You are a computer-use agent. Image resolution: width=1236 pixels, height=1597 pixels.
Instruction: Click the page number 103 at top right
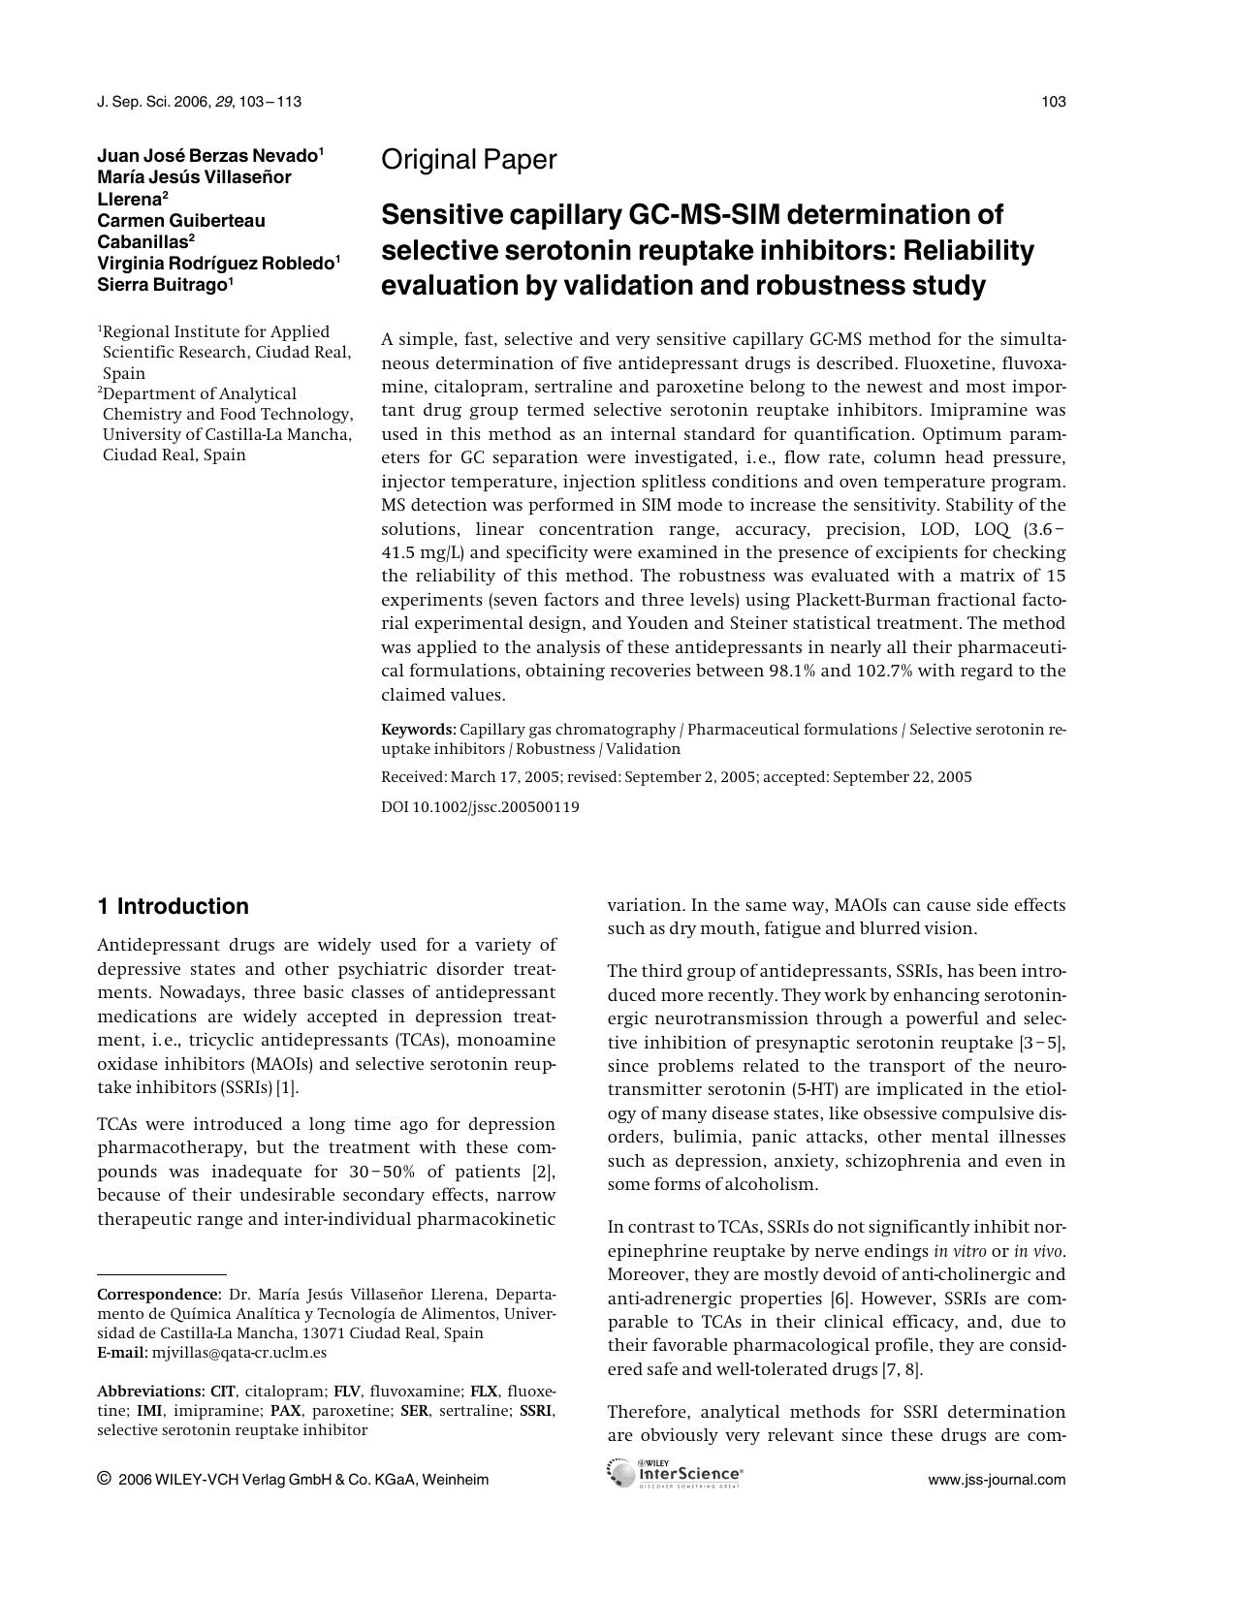(x=1054, y=102)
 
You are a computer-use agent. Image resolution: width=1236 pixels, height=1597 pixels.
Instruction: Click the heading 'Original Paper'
(x=469, y=160)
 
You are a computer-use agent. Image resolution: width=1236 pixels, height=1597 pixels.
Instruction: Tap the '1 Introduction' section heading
(x=173, y=906)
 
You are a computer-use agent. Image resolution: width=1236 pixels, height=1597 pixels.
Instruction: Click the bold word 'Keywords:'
(x=418, y=730)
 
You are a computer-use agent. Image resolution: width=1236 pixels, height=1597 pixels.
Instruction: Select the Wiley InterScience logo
(x=675, y=1474)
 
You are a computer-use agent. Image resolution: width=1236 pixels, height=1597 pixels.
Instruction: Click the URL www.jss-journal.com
(x=997, y=1480)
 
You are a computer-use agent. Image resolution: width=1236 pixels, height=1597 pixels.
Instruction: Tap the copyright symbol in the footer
(x=104, y=1479)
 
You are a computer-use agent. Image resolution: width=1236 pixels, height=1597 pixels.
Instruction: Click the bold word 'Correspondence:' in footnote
(x=159, y=1295)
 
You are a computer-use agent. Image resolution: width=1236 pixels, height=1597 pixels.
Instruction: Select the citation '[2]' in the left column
(x=545, y=1172)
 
